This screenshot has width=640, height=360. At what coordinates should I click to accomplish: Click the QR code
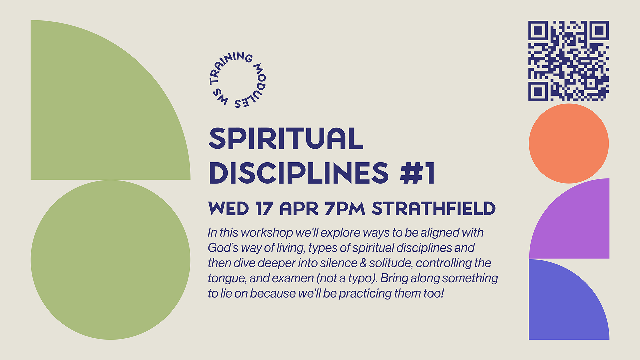[569, 61]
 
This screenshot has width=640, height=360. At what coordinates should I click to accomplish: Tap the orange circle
[569, 143]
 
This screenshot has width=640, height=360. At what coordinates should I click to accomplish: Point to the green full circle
[111, 260]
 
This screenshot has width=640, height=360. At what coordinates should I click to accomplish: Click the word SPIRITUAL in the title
[286, 138]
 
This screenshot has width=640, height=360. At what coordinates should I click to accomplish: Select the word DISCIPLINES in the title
[299, 173]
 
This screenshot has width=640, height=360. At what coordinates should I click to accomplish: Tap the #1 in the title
[418, 173]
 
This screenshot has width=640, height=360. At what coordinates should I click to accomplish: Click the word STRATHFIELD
[434, 209]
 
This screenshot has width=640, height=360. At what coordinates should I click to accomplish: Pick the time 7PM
[345, 209]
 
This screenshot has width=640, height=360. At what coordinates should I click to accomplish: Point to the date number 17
[264, 209]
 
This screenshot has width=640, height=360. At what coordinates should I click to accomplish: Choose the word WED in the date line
[229, 209]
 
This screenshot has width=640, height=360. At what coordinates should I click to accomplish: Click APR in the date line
[299, 209]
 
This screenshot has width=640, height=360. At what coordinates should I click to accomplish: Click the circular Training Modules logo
[237, 80]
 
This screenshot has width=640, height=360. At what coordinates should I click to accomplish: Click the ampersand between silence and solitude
[363, 263]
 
